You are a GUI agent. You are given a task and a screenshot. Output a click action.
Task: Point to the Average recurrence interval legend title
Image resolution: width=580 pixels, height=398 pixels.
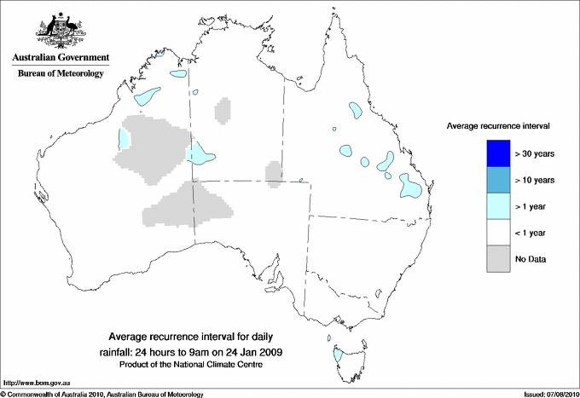(498, 125)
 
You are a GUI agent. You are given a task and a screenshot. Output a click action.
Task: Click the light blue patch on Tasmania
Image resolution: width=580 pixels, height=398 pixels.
(338, 354)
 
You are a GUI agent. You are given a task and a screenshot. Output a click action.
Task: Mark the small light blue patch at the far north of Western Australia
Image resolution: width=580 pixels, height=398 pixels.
(177, 73)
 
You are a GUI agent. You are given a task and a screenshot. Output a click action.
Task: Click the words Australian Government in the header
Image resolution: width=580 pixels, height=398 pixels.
(60, 58)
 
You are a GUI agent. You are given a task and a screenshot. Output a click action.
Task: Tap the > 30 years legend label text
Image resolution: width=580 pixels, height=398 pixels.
(535, 153)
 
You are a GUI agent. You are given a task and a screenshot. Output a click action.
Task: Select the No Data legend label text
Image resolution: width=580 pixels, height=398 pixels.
(531, 258)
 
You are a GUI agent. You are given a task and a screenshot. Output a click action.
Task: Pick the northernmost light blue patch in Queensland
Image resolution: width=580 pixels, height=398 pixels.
(353, 109)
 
